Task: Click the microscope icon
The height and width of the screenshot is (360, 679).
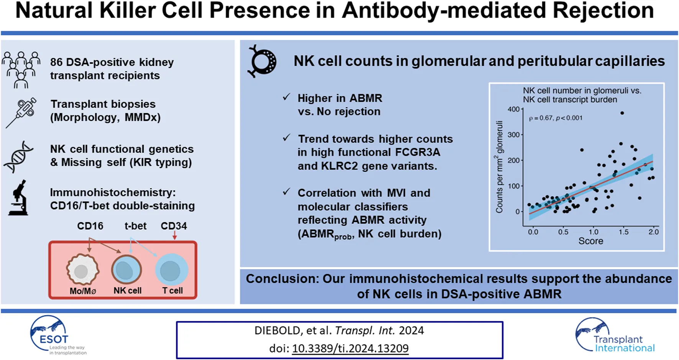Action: [18, 198]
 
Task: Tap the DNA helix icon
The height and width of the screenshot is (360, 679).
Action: [18, 156]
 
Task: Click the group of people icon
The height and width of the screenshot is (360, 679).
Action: [21, 69]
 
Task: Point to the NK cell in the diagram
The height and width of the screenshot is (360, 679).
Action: [126, 270]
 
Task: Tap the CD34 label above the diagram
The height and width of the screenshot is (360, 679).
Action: [174, 226]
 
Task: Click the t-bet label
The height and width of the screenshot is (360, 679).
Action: [135, 226]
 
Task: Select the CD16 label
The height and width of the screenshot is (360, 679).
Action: [90, 226]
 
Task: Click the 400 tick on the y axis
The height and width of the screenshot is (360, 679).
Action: [513, 109]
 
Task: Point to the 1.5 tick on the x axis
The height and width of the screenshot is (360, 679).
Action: [623, 232]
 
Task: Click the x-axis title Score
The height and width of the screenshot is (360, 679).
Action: [590, 241]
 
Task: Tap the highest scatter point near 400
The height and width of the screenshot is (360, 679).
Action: [622, 113]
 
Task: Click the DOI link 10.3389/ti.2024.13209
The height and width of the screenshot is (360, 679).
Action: [350, 348]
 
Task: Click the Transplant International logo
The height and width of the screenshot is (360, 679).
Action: [615, 336]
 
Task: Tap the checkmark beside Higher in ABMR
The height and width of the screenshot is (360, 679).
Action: [286, 97]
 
